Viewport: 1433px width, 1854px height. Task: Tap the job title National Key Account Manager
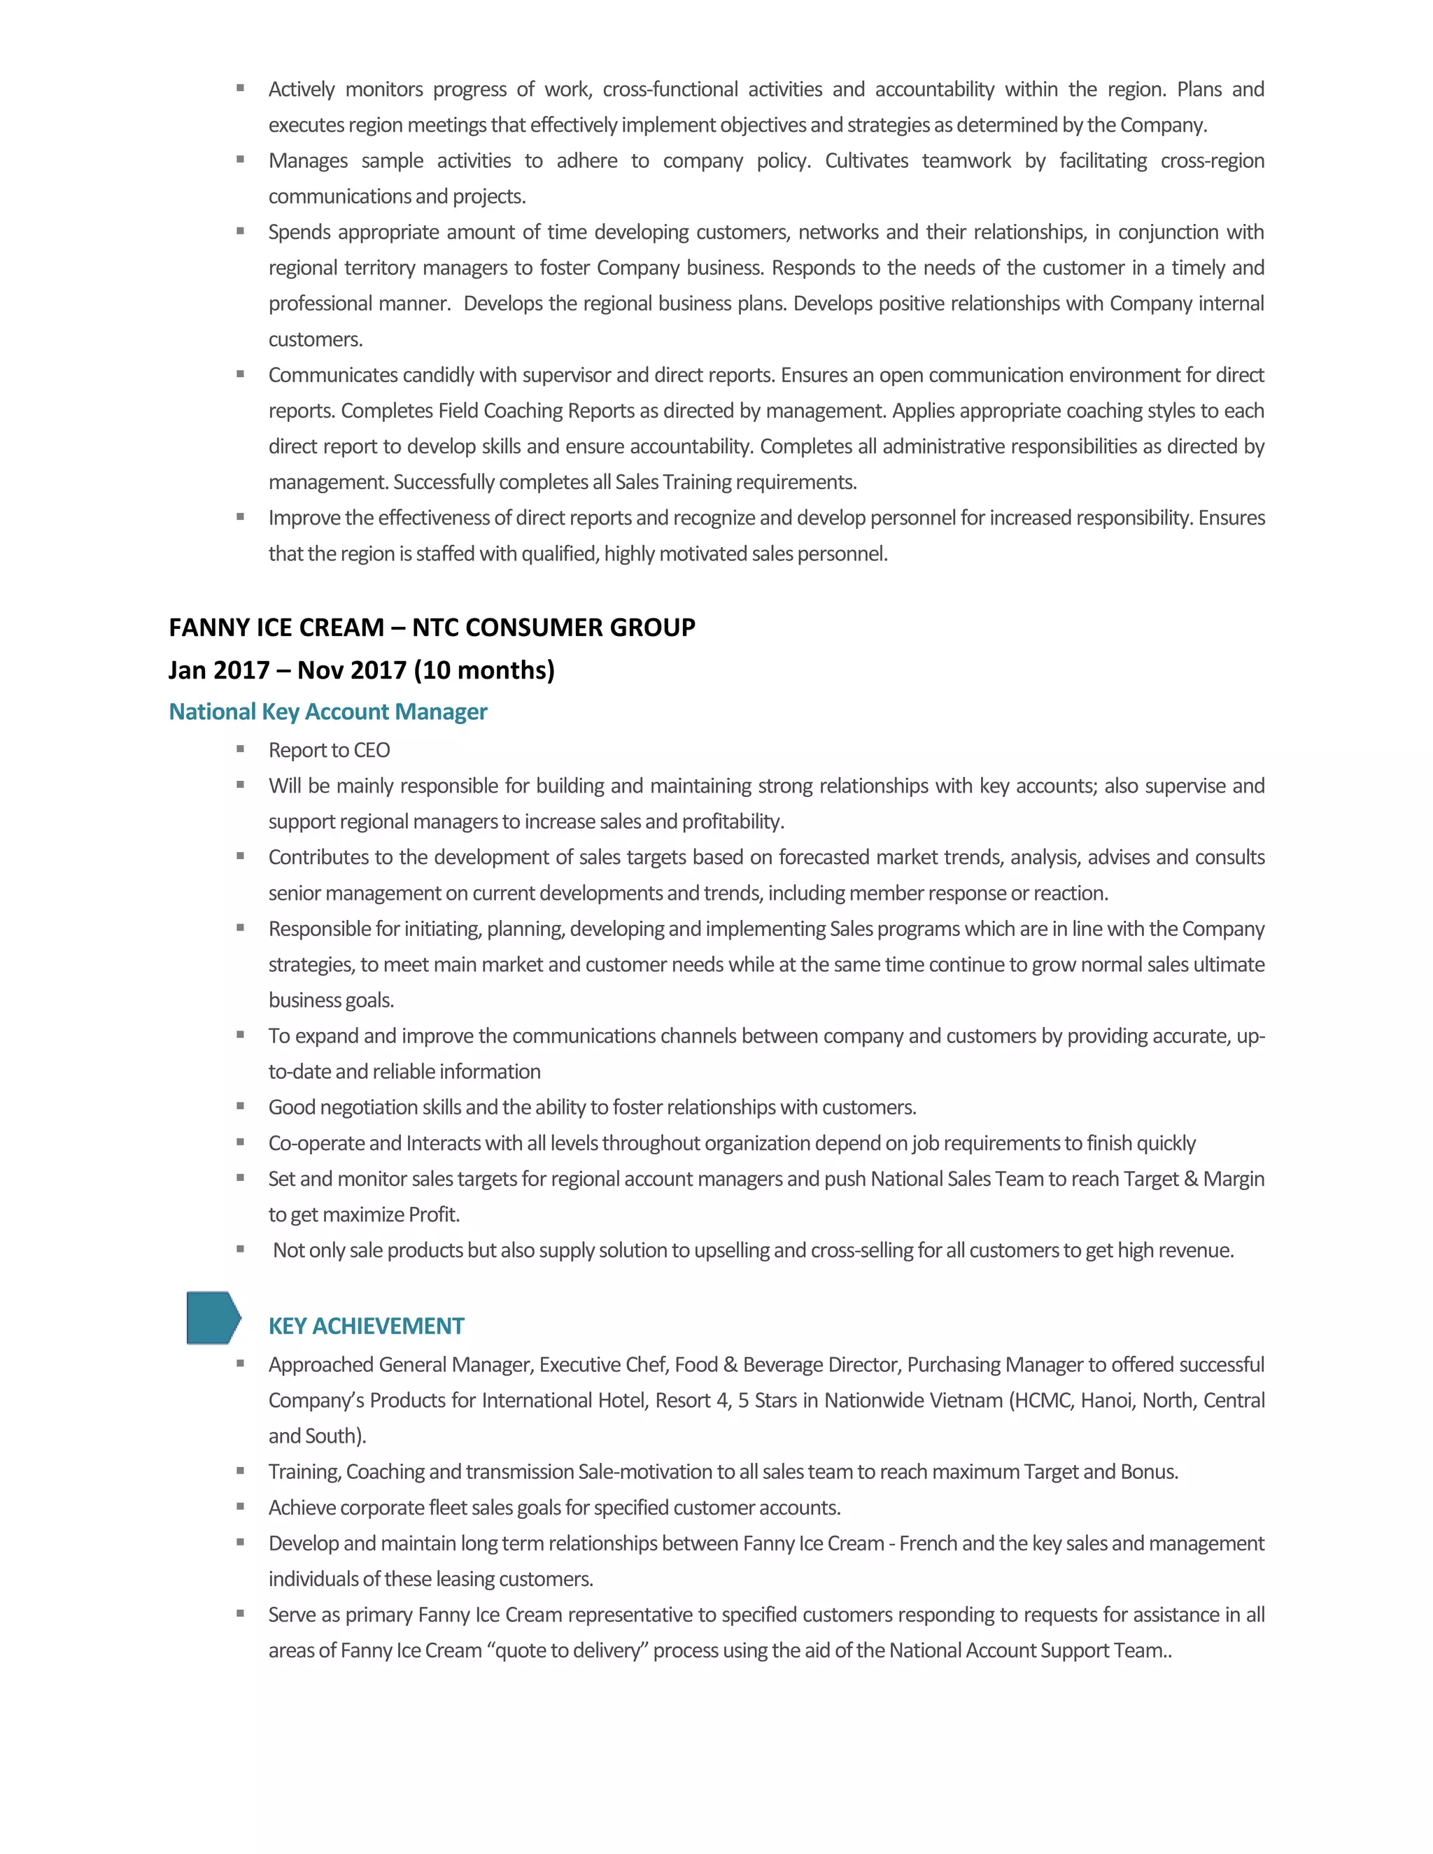[x=327, y=712]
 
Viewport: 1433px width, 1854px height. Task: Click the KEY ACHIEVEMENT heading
[x=366, y=1326]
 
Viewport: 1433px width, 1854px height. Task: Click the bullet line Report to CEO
[x=330, y=751]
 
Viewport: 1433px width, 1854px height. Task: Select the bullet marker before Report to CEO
[x=241, y=749]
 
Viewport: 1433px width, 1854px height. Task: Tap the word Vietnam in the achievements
[x=963, y=1400]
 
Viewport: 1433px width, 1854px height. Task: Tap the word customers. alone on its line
[x=316, y=339]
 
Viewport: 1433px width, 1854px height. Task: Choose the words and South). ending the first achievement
[x=317, y=1436]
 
